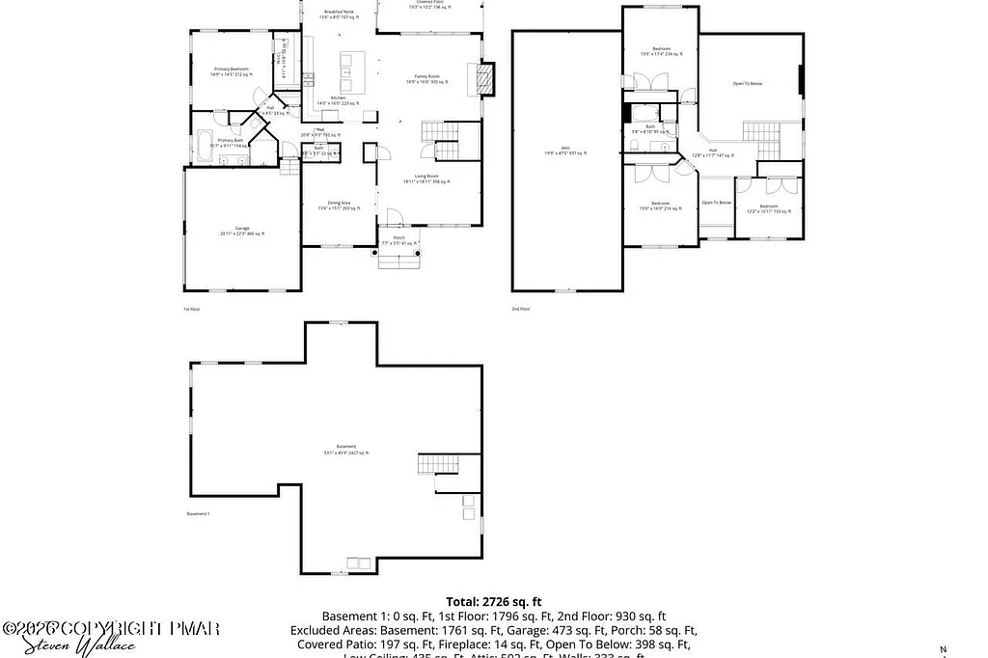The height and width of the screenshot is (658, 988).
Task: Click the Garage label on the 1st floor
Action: pyautogui.click(x=241, y=231)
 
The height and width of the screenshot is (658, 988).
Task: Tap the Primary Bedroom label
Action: pyautogui.click(x=231, y=71)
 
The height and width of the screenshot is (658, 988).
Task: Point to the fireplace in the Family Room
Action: pyautogui.click(x=486, y=79)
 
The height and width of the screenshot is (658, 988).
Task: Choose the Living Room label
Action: pyautogui.click(x=425, y=178)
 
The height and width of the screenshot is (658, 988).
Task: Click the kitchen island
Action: pyautogui.click(x=344, y=67)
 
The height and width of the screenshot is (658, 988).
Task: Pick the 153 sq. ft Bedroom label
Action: pyautogui.click(x=768, y=208)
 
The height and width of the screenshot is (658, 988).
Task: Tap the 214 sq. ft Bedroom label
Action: pyautogui.click(x=660, y=206)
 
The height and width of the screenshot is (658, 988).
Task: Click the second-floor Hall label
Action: pyautogui.click(x=712, y=152)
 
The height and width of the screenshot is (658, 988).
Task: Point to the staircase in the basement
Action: pyautogui.click(x=435, y=465)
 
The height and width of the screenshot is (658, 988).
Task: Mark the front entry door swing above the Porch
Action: pyautogui.click(x=394, y=218)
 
